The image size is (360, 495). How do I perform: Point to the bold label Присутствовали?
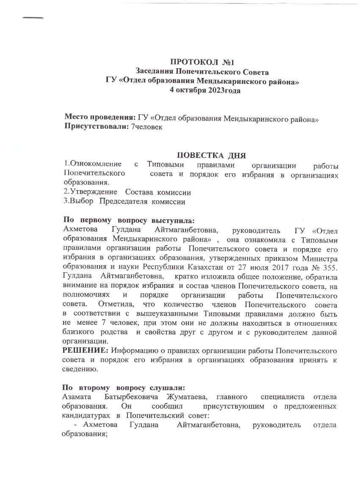coord(97,126)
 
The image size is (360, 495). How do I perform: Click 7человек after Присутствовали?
coord(147,126)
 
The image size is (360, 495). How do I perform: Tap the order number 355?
coord(330,267)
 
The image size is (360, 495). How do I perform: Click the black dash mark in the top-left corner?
coord(33,18)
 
